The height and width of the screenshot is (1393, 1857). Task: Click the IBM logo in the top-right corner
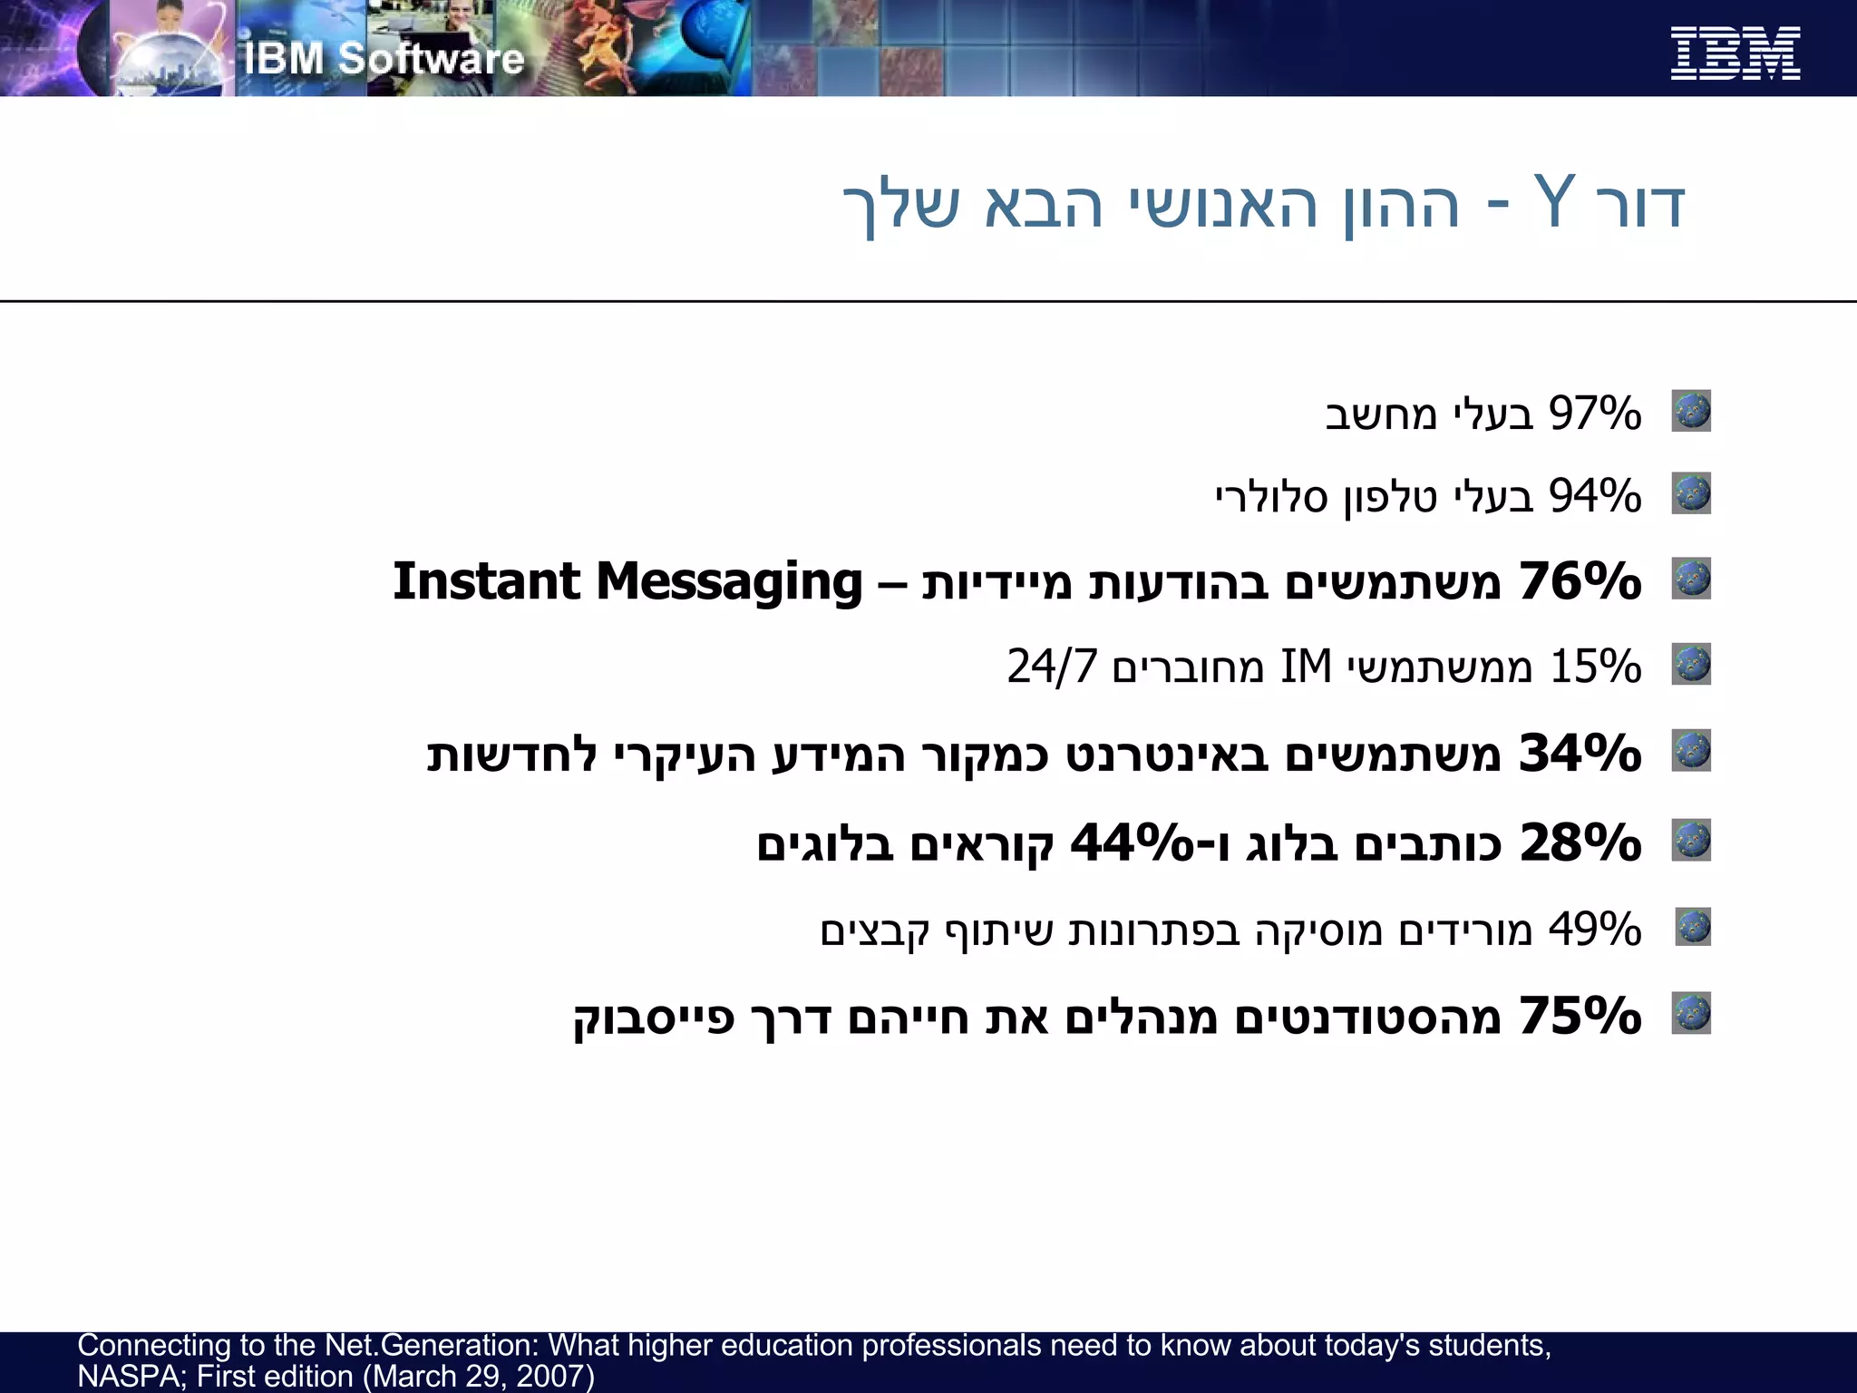tap(1735, 54)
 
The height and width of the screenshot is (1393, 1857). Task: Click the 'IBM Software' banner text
tap(384, 59)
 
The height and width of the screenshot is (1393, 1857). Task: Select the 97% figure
tap(1595, 414)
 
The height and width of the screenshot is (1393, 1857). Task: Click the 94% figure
tap(1595, 496)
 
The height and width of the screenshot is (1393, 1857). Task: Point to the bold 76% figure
tap(1580, 580)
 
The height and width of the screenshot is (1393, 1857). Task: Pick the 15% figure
tap(1595, 667)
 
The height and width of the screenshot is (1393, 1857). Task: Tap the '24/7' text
tap(1051, 667)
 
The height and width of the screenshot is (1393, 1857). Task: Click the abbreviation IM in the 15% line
tap(1306, 667)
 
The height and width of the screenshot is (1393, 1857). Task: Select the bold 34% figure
tap(1580, 753)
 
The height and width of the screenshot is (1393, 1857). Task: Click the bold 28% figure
tap(1580, 843)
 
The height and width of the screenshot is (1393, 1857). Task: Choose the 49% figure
tap(1595, 929)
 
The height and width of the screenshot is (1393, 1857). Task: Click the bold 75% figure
tap(1580, 1015)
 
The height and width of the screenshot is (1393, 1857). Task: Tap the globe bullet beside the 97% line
tap(1691, 411)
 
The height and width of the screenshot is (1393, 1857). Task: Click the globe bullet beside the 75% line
tap(1691, 1013)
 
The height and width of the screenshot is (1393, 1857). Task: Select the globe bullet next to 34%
tap(1691, 750)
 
